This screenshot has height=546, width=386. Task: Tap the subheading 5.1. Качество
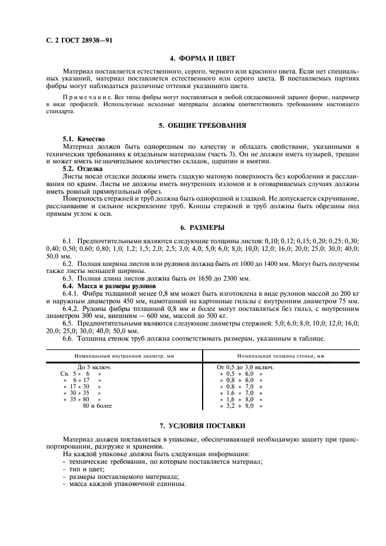coord(84,139)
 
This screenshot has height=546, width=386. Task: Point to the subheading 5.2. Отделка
coord(82,168)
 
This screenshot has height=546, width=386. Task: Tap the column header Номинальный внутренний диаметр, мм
coord(121,355)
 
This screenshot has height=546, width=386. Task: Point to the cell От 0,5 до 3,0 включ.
coord(245,367)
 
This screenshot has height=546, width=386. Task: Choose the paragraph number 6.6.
coord(68,338)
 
